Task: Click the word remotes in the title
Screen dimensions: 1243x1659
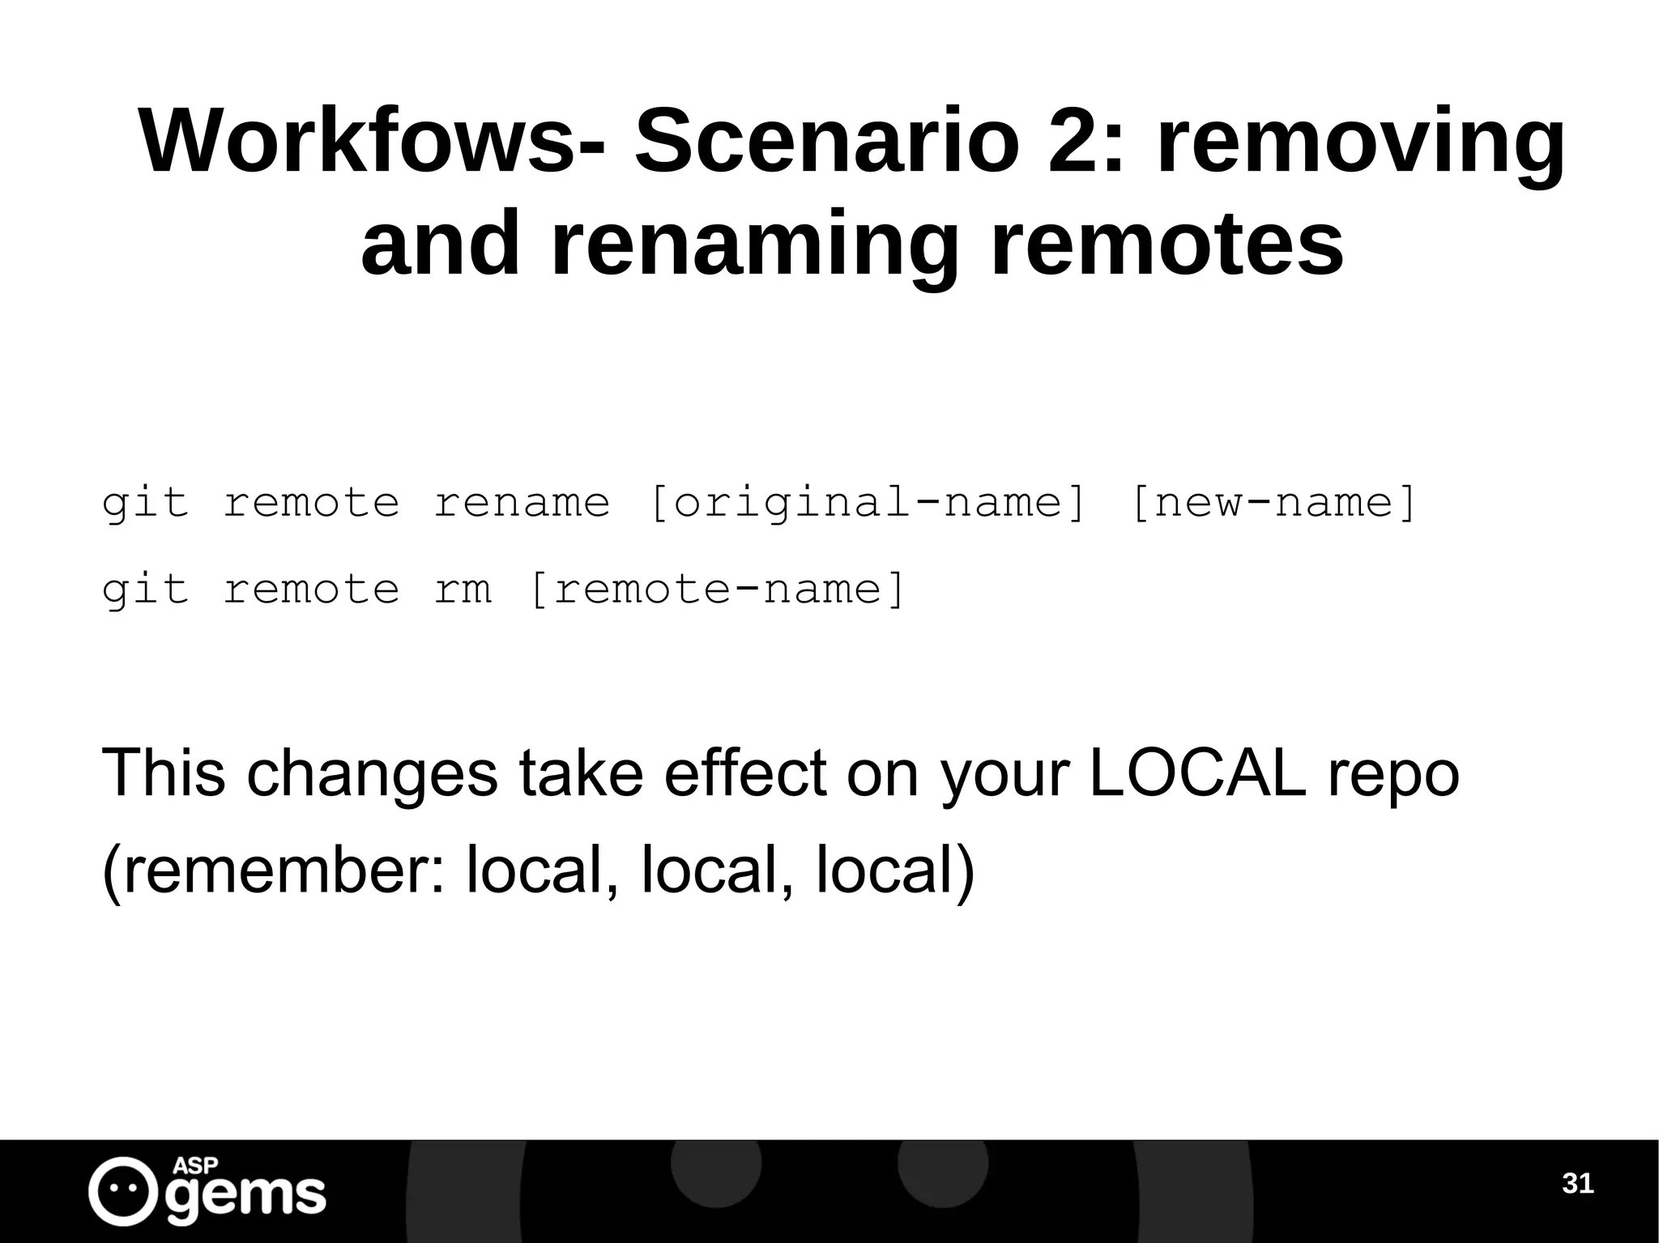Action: pyautogui.click(x=1166, y=243)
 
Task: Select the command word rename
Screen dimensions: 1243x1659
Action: pyautogui.click(x=522, y=503)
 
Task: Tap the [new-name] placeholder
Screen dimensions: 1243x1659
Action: pyautogui.click(x=1273, y=503)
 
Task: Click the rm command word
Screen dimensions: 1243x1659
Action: pyautogui.click(x=463, y=589)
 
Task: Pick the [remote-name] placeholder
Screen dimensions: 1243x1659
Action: pyautogui.click(x=716, y=589)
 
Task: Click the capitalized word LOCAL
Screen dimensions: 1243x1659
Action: pyautogui.click(x=1198, y=773)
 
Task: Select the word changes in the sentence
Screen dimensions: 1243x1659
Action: pyautogui.click(x=372, y=774)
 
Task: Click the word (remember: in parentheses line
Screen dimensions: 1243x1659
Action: pyautogui.click(x=275, y=870)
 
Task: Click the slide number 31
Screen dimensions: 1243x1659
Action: pyautogui.click(x=1577, y=1185)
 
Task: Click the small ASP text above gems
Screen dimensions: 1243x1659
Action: pyautogui.click(x=195, y=1166)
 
